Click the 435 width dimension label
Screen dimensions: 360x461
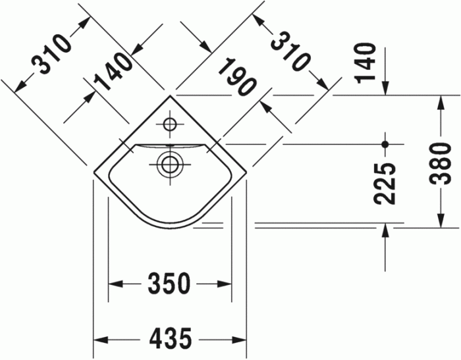[170, 340]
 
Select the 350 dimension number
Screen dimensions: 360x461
[169, 284]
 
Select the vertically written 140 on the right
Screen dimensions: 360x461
[366, 63]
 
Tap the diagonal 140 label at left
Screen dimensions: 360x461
[113, 72]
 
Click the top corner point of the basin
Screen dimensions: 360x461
[170, 95]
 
